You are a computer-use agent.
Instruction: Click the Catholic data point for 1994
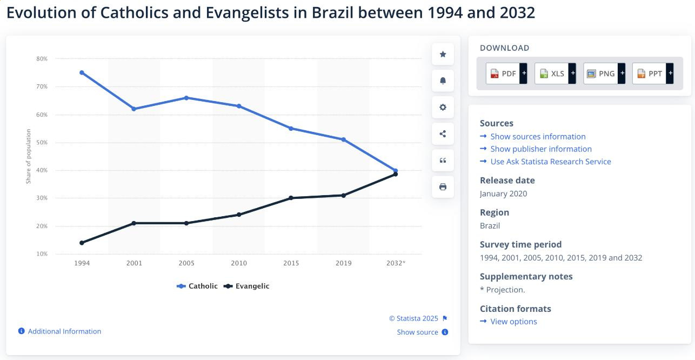coord(82,72)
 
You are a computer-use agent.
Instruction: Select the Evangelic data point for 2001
coord(134,223)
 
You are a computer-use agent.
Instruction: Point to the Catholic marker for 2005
coord(186,98)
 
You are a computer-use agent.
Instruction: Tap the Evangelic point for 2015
coord(291,198)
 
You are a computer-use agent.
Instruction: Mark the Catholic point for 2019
coord(343,139)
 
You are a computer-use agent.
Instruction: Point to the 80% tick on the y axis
coord(42,58)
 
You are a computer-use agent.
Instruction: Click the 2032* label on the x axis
coord(396,263)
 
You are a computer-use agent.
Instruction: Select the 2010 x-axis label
coord(239,263)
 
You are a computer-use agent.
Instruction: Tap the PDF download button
coord(506,74)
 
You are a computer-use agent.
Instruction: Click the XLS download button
coord(555,74)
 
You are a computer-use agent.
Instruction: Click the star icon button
coord(443,54)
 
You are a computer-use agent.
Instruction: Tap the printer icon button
coord(443,187)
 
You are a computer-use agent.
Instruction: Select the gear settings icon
coord(443,107)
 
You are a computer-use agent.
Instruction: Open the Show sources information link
coord(538,137)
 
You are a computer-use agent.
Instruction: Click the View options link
coord(513,322)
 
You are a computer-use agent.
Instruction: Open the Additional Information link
coord(64,331)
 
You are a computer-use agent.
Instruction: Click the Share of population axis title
coord(29,156)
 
